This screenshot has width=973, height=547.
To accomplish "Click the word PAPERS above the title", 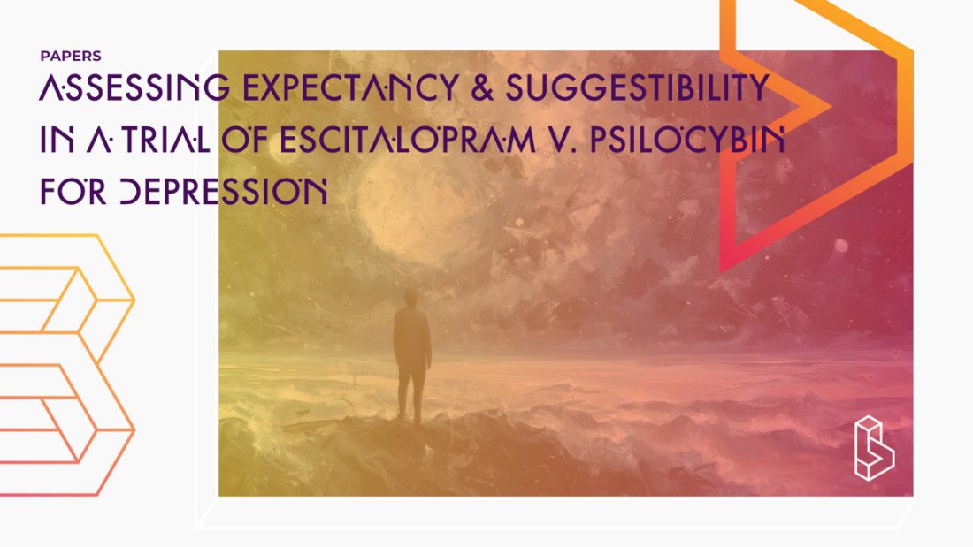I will [71, 56].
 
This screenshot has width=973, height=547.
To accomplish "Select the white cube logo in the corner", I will [874, 448].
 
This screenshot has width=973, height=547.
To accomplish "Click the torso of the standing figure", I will [412, 340].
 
